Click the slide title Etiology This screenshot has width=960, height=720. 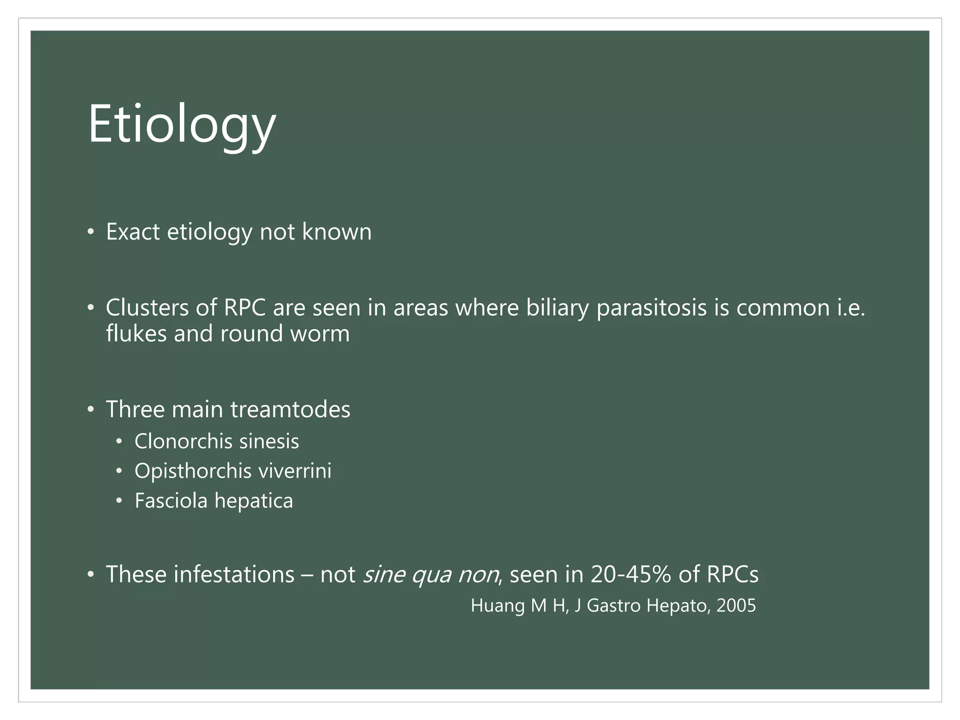[x=182, y=125]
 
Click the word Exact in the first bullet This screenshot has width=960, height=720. [x=133, y=232]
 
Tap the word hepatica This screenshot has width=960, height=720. [x=254, y=501]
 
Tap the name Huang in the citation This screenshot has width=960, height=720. [x=498, y=606]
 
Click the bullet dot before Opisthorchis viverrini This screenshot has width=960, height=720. [x=120, y=471]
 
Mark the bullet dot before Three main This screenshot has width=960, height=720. [x=91, y=409]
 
